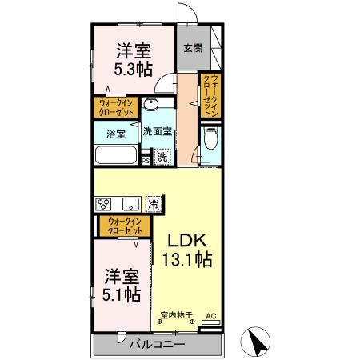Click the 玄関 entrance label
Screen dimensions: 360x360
click(192, 48)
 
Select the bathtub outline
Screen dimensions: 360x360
click(117, 155)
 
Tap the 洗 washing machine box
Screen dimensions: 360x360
click(162, 157)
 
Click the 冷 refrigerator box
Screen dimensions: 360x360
click(153, 202)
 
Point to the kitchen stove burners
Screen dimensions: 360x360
click(106, 203)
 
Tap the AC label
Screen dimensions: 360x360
click(211, 316)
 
